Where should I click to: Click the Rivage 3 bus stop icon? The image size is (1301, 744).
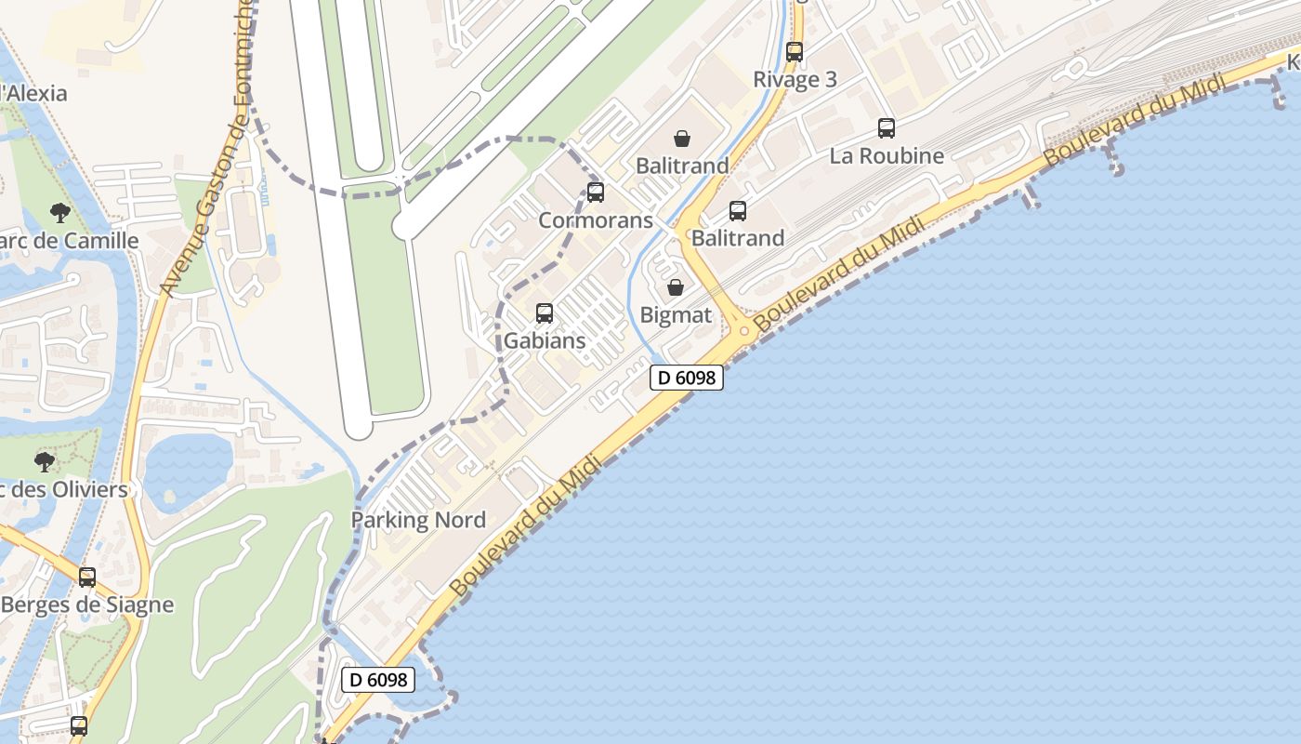pos(794,52)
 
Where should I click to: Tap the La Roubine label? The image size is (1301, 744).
pos(887,155)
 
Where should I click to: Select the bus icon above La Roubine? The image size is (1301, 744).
pos(887,128)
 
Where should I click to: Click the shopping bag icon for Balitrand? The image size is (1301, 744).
pos(682,139)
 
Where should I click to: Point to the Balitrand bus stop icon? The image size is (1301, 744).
pos(738,211)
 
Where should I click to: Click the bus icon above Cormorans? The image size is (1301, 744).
pos(596,193)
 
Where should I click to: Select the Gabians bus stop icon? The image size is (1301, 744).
pos(545,313)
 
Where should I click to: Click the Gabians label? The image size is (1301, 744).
pos(545,340)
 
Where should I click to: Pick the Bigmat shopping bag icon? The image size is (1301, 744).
pos(676,287)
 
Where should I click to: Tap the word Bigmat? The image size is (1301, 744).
pos(676,315)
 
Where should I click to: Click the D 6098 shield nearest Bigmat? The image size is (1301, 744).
pos(687,378)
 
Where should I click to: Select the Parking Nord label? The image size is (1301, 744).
pos(418,520)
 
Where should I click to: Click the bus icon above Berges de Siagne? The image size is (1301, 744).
pos(87,578)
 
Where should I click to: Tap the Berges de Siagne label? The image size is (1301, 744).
pos(87,604)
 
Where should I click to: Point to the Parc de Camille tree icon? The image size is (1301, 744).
pos(60,213)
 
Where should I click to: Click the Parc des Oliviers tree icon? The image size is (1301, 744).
pos(44,461)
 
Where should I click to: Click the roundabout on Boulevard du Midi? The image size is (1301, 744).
pos(744,330)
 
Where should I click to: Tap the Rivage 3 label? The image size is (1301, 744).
pos(795,79)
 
